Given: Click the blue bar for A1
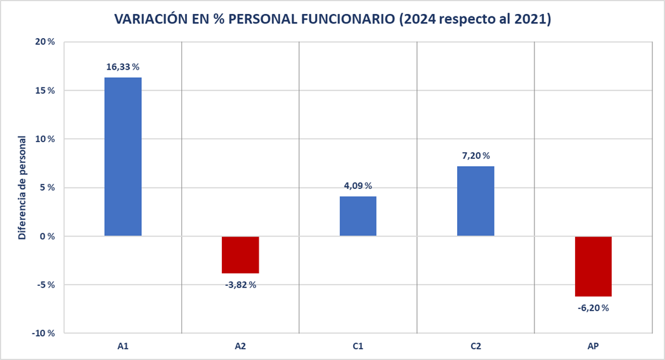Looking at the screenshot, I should point(123,157).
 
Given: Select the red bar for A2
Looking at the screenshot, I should point(240,254).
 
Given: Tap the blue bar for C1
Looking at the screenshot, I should point(358,216).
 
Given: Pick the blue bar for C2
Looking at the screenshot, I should point(475,201).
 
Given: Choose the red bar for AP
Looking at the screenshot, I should point(593,266).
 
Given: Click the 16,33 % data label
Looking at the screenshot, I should point(123,67).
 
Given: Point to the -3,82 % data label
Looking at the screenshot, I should point(240,285).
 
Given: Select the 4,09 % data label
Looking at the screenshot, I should point(358,186).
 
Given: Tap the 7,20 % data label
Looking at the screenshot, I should point(475,155).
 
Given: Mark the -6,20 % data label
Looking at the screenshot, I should point(593,308).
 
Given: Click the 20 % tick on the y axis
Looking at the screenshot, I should point(45,42).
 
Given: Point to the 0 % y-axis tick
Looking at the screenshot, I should point(48,236).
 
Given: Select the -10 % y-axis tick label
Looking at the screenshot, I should point(44,333).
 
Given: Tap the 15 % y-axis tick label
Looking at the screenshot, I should point(45,91).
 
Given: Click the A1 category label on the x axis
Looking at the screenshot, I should point(123,346).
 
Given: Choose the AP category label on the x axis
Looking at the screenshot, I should point(593,346).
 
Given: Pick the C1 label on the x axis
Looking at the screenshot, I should point(358,346).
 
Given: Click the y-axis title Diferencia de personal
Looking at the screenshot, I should point(22,188).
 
